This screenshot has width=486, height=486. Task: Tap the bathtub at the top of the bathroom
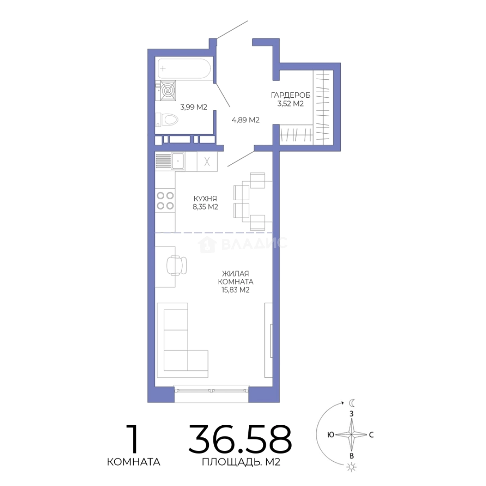tap(184, 68)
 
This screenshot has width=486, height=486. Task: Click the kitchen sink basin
tap(178, 161)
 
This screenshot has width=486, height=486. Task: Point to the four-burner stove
tap(165, 200)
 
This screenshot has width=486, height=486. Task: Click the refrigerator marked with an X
tap(207, 162)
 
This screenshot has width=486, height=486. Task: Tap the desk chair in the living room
tap(177, 265)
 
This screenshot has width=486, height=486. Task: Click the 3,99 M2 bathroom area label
tap(193, 107)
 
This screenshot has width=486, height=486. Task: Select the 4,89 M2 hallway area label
tap(246, 120)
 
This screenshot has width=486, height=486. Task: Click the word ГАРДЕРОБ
tap(290, 95)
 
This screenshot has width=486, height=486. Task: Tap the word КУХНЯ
tap(205, 198)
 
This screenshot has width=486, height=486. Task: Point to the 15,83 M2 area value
tap(235, 290)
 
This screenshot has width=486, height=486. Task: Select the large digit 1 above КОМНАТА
tap(133, 439)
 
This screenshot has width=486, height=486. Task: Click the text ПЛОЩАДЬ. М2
tap(241, 462)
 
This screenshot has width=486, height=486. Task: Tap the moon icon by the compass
tap(352, 403)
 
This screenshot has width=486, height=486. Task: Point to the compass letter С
tap(371, 435)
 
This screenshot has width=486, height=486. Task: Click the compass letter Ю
tap(331, 435)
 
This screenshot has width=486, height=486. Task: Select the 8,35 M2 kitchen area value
tap(206, 207)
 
